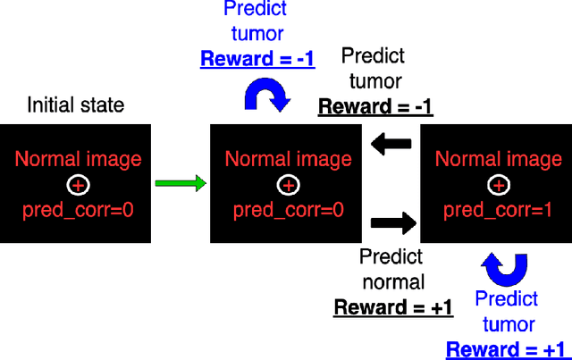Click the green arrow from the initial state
(180, 184)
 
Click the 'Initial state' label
(76, 105)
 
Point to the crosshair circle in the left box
(79, 185)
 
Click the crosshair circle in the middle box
(287, 185)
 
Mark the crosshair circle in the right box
(497, 185)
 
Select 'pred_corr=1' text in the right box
(497, 211)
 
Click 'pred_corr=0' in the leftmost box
(79, 211)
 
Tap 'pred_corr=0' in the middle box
(287, 211)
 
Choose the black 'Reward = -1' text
(375, 107)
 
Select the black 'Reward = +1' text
(392, 308)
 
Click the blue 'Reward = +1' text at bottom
(506, 349)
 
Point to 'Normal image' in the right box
(497, 160)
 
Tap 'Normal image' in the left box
(79, 160)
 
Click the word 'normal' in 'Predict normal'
(392, 282)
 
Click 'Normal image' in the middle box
(287, 160)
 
